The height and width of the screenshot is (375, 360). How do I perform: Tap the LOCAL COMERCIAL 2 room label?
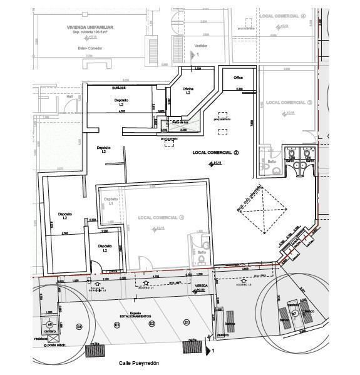coord(216,152)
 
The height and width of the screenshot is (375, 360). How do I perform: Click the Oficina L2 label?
coord(188,91)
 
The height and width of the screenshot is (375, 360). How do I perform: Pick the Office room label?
coord(238,78)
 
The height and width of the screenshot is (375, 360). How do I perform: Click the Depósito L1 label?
coord(107,201)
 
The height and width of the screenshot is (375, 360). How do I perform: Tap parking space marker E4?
coord(80,326)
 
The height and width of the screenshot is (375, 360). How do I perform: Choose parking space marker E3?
coord(116,325)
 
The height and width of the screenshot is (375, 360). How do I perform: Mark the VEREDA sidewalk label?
coord(200,285)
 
